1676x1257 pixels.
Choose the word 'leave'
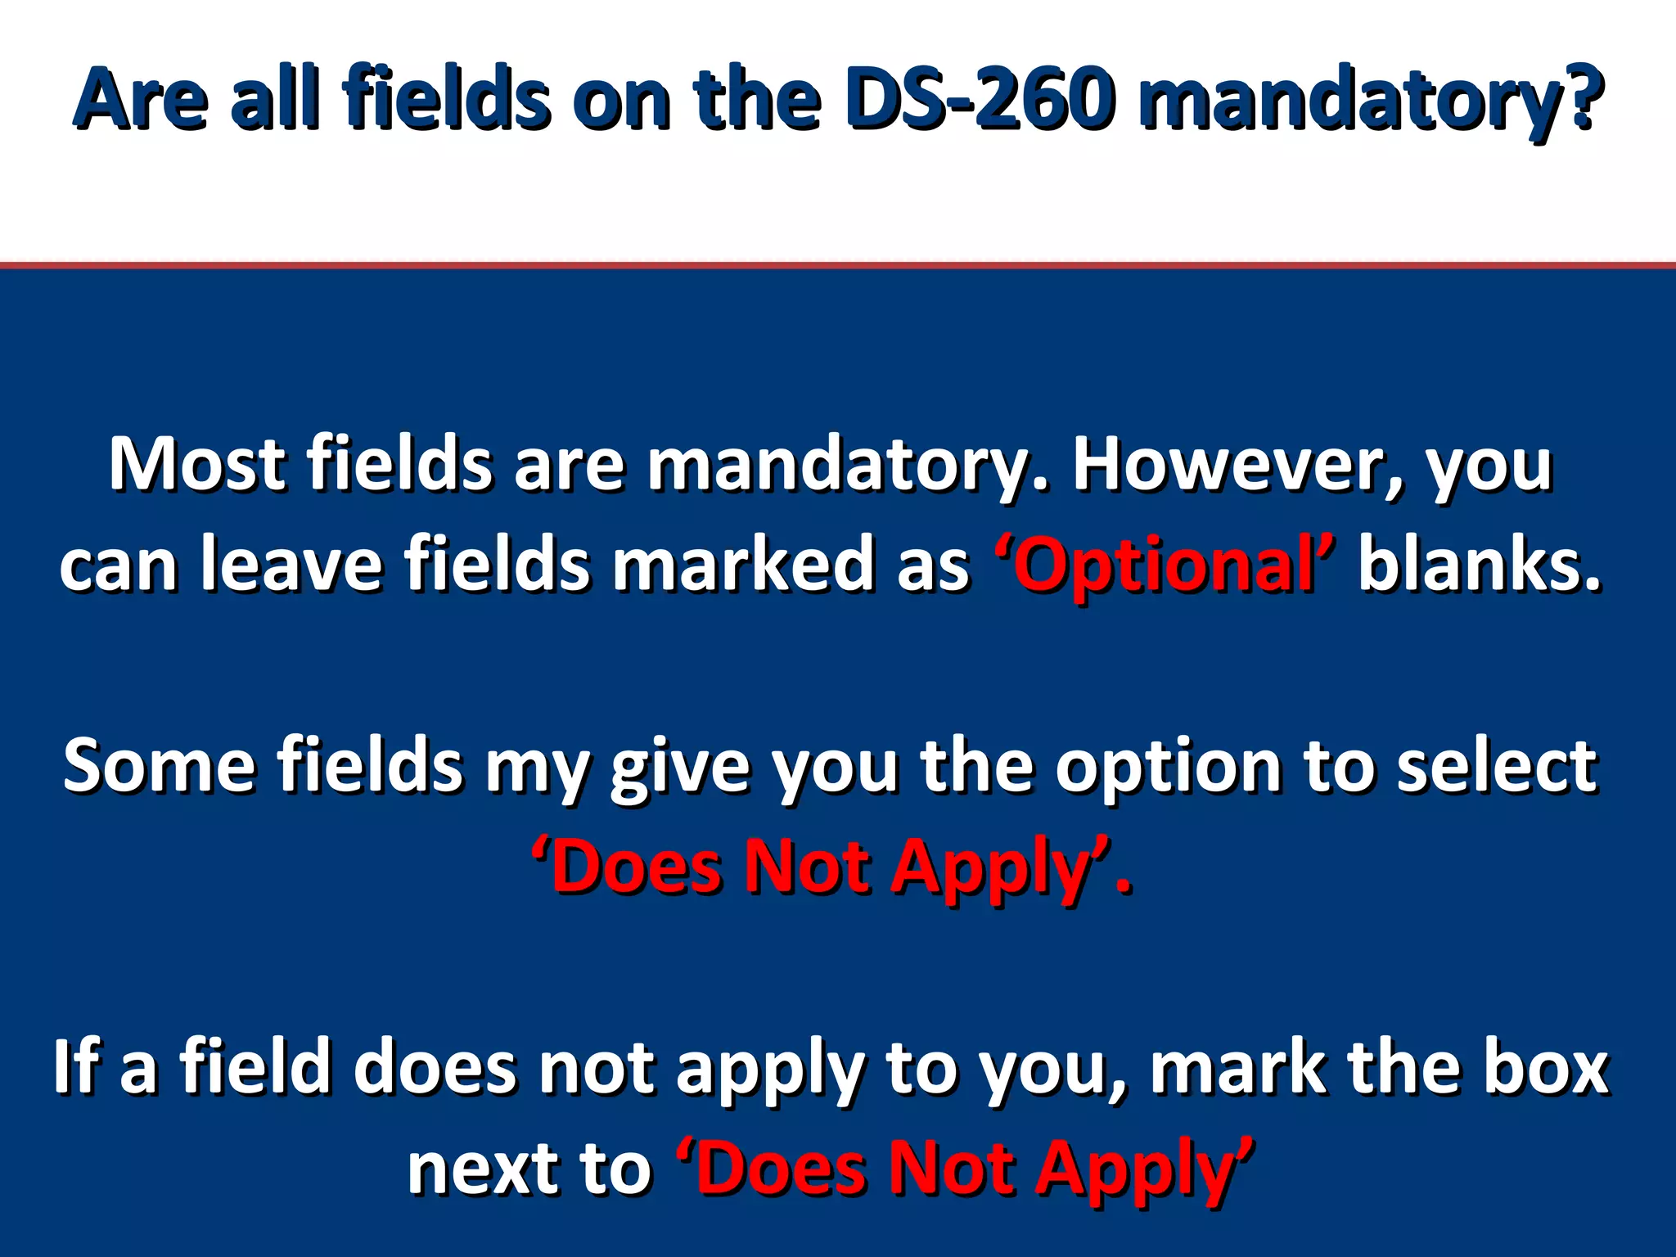click(x=291, y=565)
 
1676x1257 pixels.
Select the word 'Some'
click(x=160, y=766)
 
